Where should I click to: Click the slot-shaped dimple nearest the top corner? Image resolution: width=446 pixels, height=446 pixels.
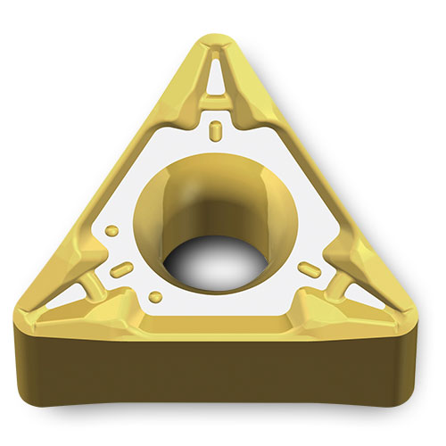coord(215,132)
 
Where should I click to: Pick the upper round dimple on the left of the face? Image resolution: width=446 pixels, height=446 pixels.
coord(111,231)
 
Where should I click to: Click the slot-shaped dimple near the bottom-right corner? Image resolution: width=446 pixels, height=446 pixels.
coord(309,268)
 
